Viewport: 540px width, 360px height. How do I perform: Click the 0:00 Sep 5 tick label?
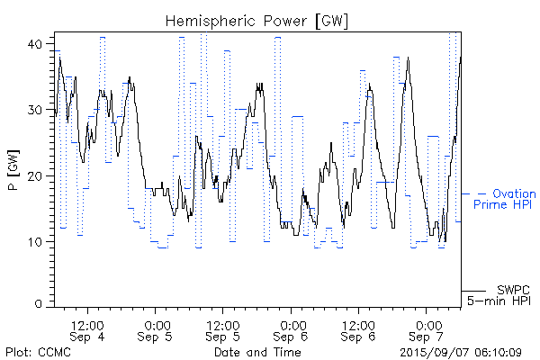[x=157, y=330]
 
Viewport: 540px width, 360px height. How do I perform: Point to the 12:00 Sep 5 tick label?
[x=222, y=330]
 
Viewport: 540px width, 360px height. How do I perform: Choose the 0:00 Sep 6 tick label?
[x=291, y=330]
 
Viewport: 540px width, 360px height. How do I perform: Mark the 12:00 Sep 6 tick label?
[x=358, y=330]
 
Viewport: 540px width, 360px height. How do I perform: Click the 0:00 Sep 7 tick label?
[x=427, y=330]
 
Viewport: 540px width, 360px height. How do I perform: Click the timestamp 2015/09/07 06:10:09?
[x=461, y=352]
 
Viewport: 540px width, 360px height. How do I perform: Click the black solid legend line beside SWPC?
[x=473, y=290]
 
